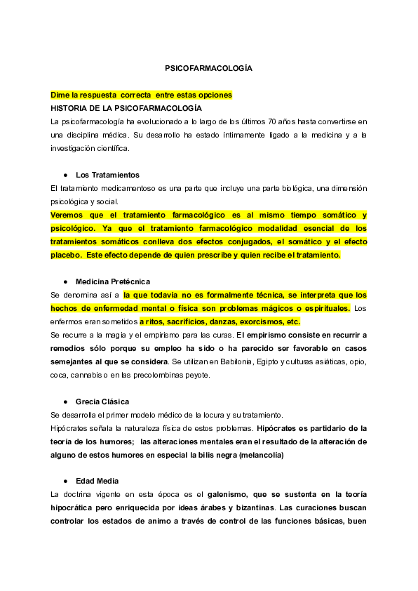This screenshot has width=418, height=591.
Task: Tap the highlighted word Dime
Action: (x=60, y=95)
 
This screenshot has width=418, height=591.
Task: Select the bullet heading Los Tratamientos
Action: (x=107, y=175)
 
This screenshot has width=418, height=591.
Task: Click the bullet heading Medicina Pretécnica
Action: (x=112, y=281)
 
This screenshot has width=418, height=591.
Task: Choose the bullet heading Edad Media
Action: (x=97, y=481)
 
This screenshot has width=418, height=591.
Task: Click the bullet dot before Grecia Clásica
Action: (x=65, y=401)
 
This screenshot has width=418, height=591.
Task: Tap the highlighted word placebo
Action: (x=66, y=255)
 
